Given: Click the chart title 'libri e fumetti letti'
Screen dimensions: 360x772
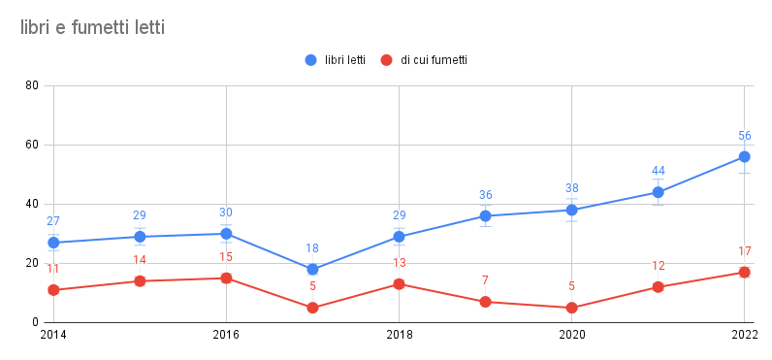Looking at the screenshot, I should point(92,28).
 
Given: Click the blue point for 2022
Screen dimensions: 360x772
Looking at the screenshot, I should point(744,156).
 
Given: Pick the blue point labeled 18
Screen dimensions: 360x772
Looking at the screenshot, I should point(312,270).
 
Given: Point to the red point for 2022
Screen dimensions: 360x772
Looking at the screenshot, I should point(744,273).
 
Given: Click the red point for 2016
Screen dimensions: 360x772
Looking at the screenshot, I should point(226,278).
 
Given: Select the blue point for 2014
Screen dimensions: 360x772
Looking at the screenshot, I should point(53,243).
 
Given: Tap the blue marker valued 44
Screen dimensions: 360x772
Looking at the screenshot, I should point(658,192).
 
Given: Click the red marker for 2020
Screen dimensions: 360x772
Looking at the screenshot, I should point(571,308).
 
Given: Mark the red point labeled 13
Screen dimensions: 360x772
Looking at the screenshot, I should point(399,284).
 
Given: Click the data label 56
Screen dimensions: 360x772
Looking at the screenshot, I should point(744,136).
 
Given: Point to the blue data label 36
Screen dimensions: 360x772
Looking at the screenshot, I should point(485,195).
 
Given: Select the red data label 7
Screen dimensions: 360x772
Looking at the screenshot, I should point(485,280).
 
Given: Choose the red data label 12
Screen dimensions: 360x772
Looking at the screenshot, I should point(658,266).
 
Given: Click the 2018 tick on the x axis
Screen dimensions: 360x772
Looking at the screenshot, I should point(399,335).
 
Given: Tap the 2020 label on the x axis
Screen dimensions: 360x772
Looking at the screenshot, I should point(571,335).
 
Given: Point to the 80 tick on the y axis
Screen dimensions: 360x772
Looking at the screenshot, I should point(32,85).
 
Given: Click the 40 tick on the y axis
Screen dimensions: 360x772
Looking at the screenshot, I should point(32,204).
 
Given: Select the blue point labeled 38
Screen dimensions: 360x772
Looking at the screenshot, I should point(571,210).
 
